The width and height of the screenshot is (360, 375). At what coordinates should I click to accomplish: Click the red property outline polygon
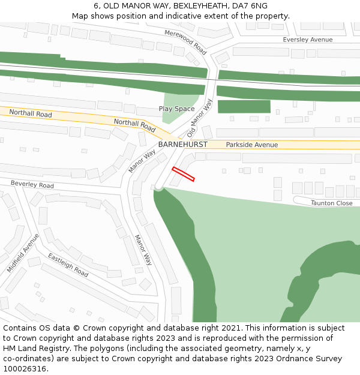[x=184, y=173]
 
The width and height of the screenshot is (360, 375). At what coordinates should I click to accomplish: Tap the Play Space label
[x=176, y=109]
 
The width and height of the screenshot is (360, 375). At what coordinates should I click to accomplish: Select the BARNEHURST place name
[x=182, y=145]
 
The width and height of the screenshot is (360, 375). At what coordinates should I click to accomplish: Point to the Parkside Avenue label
[x=251, y=145]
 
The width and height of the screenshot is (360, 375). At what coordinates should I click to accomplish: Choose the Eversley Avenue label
[x=307, y=40]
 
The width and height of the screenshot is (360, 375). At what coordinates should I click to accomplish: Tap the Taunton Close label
[x=331, y=203]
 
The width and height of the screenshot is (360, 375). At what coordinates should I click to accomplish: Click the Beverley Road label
[x=32, y=185]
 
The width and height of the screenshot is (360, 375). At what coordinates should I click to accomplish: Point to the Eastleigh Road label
[x=68, y=265]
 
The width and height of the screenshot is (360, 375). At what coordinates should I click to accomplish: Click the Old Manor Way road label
[x=200, y=118]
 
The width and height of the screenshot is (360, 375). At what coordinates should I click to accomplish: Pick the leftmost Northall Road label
[x=31, y=113]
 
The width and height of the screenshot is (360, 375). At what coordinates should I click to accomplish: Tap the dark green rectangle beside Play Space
[x=244, y=106]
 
